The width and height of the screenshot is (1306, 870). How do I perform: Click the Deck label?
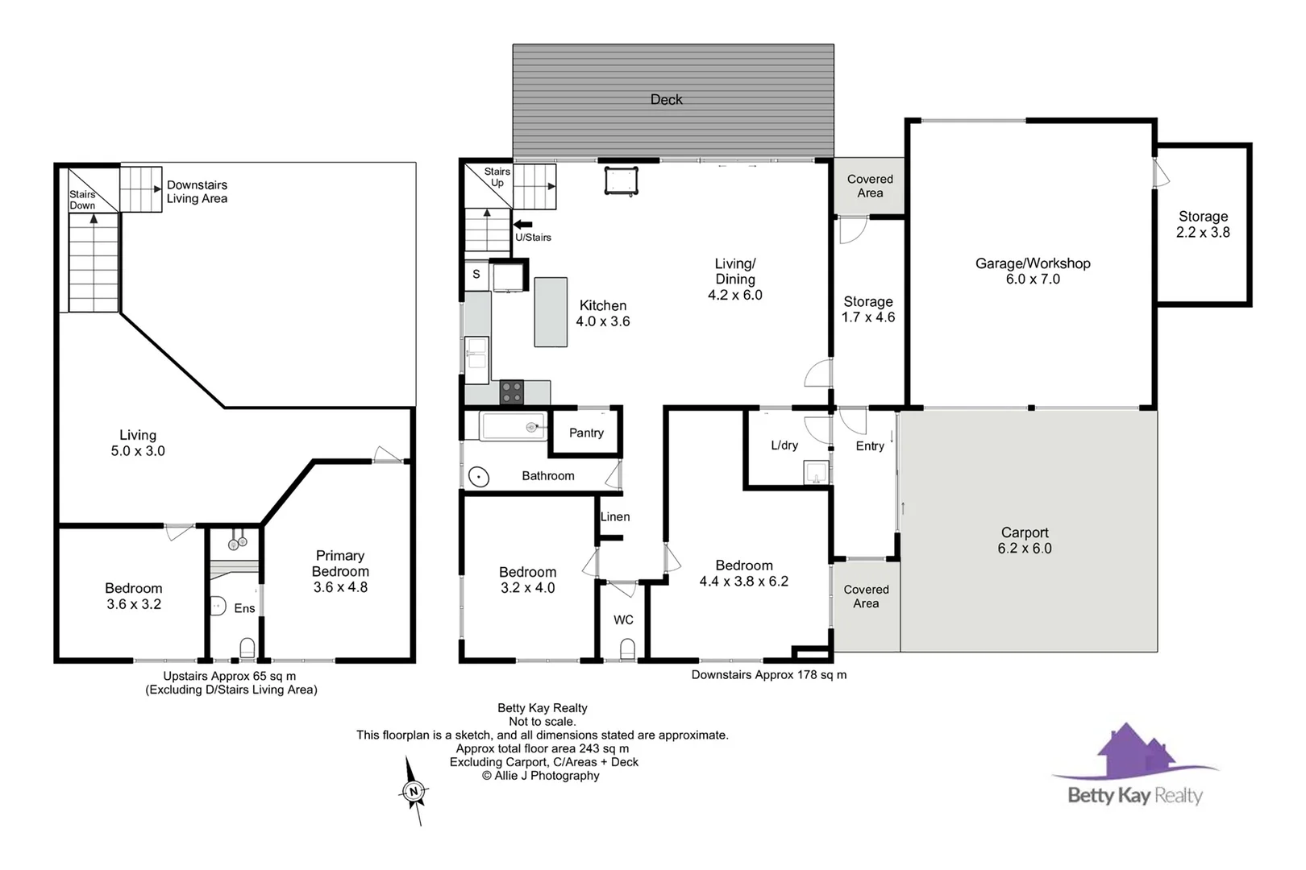coord(666,100)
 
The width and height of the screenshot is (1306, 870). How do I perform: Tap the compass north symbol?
coord(414,791)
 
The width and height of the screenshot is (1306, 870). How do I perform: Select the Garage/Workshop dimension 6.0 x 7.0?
coord(1033,280)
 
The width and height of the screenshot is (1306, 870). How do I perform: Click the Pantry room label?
coord(586,433)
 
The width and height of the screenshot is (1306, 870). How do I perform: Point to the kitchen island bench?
coord(551,312)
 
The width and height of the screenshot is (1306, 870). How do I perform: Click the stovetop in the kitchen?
coord(512,392)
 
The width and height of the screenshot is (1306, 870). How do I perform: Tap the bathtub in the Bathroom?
coord(514,427)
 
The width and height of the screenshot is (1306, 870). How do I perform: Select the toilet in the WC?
coord(627,648)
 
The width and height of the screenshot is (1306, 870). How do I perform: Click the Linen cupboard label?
coord(615,517)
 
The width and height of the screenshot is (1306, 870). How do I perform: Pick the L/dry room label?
coord(784,445)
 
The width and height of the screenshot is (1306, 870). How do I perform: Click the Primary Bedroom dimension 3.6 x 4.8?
coord(340,588)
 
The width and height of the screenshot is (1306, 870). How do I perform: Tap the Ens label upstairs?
coord(244,609)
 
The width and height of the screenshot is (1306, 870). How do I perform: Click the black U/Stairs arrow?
coord(523,225)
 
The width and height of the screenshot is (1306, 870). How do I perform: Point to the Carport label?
coord(1025,532)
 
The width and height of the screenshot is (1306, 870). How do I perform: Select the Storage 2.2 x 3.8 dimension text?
coord(1203,233)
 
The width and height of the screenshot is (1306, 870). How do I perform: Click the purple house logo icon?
coord(1133,750)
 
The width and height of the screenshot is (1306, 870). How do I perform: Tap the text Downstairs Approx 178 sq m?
coord(769,675)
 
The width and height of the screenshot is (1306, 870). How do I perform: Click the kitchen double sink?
coord(476,360)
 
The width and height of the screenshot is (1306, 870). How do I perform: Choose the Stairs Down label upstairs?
coord(82,200)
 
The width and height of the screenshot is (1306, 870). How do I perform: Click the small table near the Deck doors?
coord(621,180)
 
